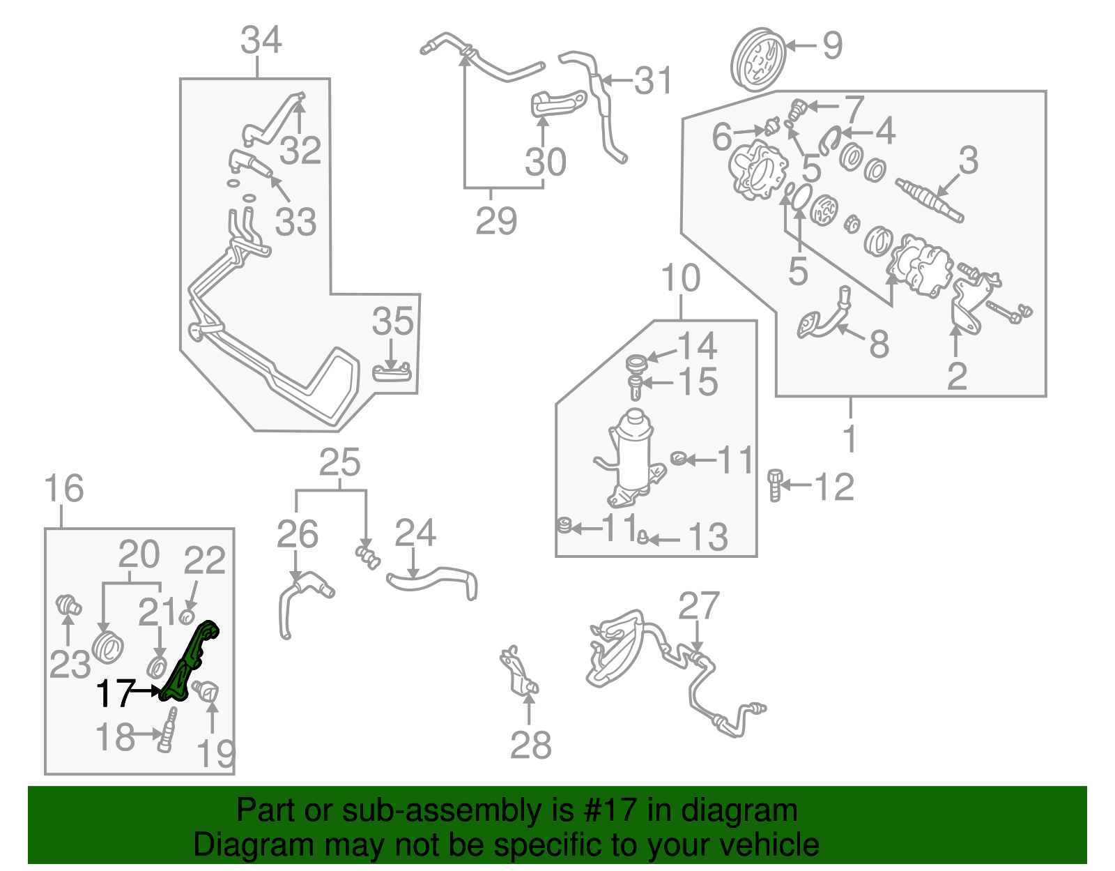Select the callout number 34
(x=261, y=40)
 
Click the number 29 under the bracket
(x=496, y=221)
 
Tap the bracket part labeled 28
(x=519, y=674)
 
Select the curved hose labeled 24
(x=432, y=582)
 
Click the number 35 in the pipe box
(x=392, y=321)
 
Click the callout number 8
(x=879, y=344)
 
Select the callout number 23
(x=69, y=664)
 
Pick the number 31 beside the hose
(x=653, y=81)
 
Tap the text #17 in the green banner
(x=604, y=810)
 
